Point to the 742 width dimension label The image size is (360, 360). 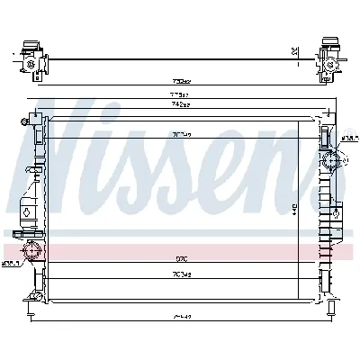181,105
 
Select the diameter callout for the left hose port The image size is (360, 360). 11,264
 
